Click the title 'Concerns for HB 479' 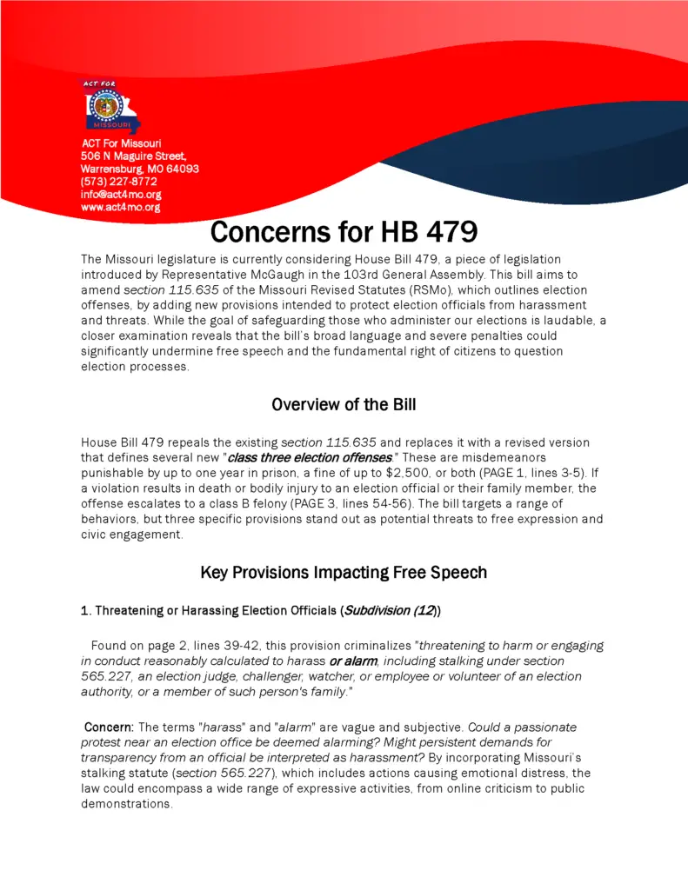point(344,233)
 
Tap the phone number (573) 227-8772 point(118,182)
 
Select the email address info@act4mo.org point(120,195)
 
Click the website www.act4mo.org point(120,208)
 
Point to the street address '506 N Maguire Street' point(133,156)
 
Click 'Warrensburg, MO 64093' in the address point(139,169)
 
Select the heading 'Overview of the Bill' point(344,404)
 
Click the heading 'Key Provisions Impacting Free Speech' point(344,572)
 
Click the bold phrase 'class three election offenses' point(308,458)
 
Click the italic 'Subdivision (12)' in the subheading point(390,611)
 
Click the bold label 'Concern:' point(109,727)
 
